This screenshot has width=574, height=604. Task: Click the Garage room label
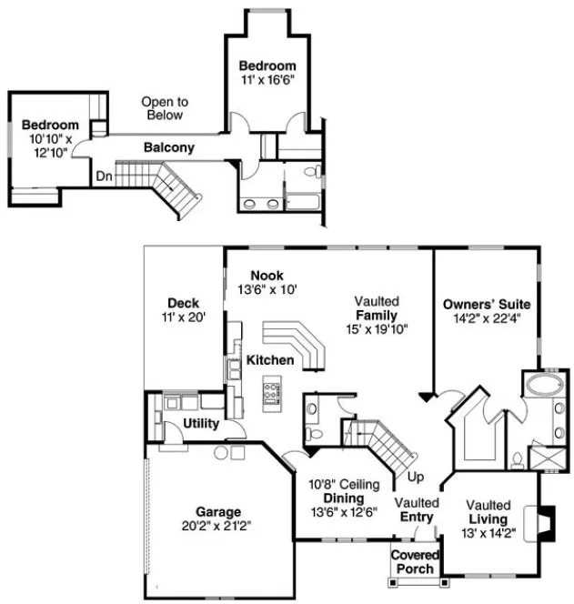[x=217, y=511]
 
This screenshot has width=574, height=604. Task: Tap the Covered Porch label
[x=415, y=561]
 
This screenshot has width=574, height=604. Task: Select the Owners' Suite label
[x=487, y=303]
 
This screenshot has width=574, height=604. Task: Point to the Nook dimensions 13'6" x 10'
[x=267, y=289]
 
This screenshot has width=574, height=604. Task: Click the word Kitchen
[x=270, y=360]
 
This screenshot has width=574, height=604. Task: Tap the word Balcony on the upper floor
[x=168, y=147]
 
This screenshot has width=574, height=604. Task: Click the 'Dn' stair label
[x=106, y=176]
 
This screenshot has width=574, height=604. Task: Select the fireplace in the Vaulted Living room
[x=543, y=523]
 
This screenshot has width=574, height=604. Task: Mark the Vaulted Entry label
[x=417, y=510]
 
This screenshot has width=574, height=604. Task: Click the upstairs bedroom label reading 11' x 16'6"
[x=267, y=80]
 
